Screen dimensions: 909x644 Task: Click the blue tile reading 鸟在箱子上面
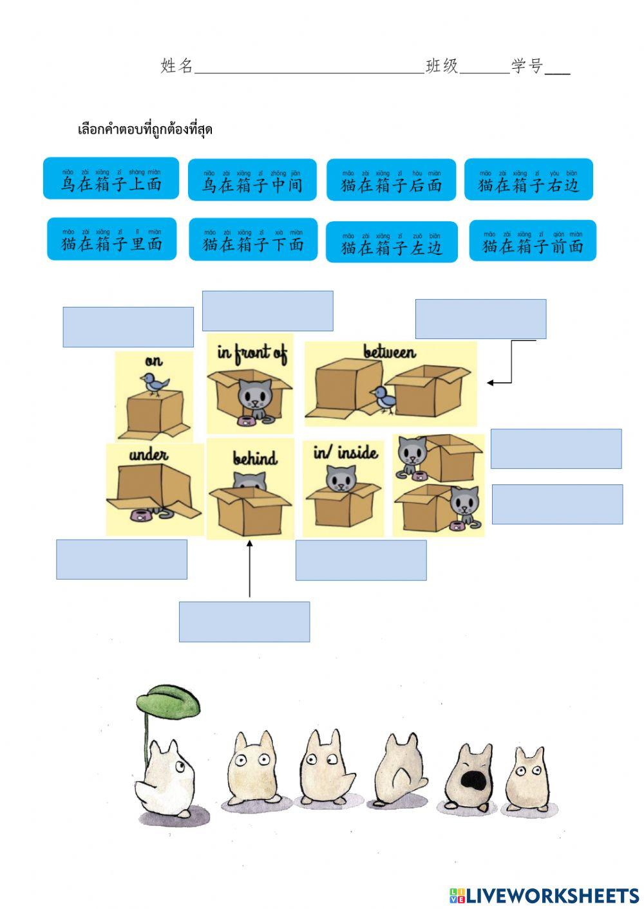point(111,178)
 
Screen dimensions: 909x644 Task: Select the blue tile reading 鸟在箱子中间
point(252,179)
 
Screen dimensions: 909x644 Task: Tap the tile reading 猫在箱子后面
point(391,180)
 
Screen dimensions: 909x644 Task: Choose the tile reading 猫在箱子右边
point(528,179)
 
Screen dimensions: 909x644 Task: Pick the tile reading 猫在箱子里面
point(111,239)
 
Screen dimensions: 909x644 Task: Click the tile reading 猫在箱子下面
point(253,239)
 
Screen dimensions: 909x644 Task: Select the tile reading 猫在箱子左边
point(392,242)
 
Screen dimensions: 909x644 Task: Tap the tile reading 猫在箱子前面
point(533,241)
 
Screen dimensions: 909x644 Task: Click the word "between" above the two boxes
point(390,352)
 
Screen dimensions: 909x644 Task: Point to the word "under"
point(149,455)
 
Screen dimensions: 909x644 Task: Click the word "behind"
point(255,458)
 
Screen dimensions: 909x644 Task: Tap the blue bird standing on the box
point(155,384)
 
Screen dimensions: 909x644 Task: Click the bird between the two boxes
point(384,398)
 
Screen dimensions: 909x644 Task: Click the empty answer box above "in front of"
point(267,311)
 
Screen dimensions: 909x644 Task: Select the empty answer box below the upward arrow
point(244,621)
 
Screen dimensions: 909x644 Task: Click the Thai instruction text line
point(145,129)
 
